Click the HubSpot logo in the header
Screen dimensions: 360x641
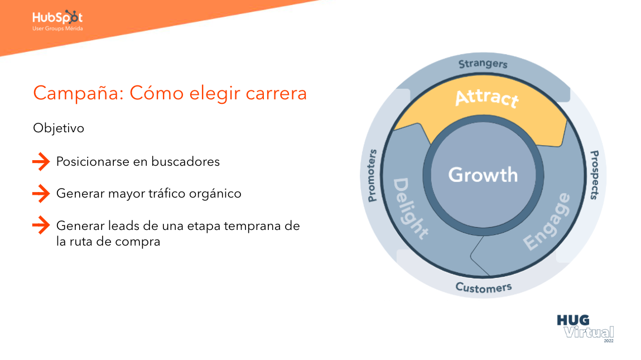[57, 17]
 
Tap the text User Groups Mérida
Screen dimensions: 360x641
[57, 28]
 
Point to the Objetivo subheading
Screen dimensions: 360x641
[59, 128]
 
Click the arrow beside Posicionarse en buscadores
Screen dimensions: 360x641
[41, 162]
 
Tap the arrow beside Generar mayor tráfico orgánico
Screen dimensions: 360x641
[41, 194]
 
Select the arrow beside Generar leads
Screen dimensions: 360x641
[41, 226]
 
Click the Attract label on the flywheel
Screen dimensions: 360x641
[486, 98]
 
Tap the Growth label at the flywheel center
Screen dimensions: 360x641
[483, 175]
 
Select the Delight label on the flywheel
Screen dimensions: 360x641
[411, 208]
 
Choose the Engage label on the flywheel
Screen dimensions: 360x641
[547, 222]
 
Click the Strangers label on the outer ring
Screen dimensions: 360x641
[483, 64]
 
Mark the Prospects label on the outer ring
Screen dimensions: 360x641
[595, 175]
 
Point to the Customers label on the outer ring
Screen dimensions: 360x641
[484, 287]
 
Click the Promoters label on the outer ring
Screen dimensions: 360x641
[372, 175]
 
